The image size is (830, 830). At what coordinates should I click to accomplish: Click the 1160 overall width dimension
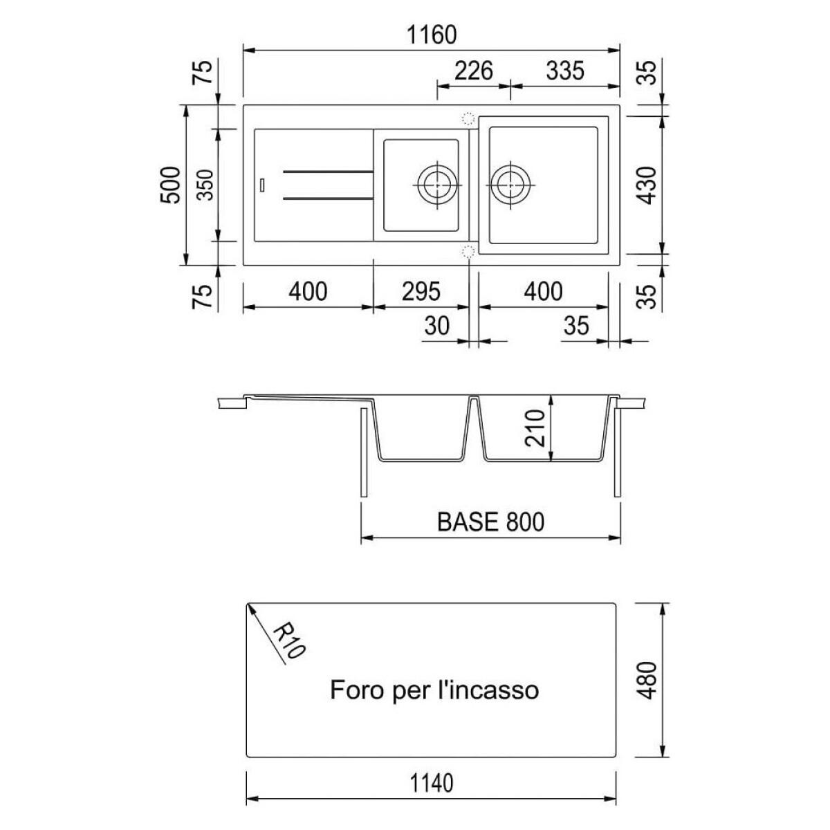(x=431, y=35)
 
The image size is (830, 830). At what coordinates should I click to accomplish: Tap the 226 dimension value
(x=474, y=71)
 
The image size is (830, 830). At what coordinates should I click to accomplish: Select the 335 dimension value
(x=565, y=71)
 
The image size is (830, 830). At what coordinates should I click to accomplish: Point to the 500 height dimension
(x=170, y=185)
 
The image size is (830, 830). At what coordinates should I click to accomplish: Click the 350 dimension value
(x=205, y=185)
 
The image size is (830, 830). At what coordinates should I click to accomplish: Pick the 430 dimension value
(x=647, y=185)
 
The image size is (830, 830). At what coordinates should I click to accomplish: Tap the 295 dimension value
(x=421, y=292)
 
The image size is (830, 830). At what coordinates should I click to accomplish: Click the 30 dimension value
(x=436, y=326)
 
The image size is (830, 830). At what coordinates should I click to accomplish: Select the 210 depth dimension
(x=535, y=428)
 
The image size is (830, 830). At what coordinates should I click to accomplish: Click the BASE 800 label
(x=490, y=522)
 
